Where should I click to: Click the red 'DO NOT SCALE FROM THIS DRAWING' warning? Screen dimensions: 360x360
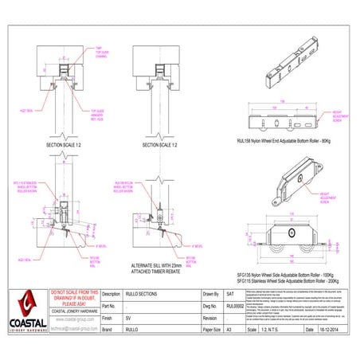pyautogui.click(x=73, y=297)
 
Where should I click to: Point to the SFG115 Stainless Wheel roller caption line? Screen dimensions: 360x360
pyautogui.click(x=293, y=283)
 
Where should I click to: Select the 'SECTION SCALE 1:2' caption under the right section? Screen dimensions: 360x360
pyautogui.click(x=160, y=146)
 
